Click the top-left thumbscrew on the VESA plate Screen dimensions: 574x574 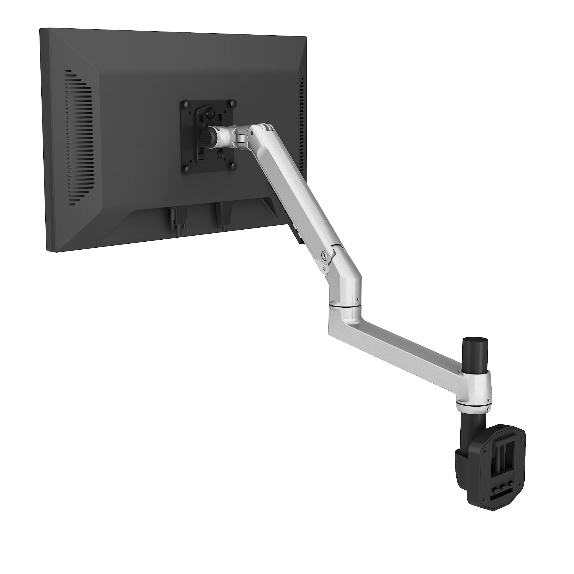click(187, 105)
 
